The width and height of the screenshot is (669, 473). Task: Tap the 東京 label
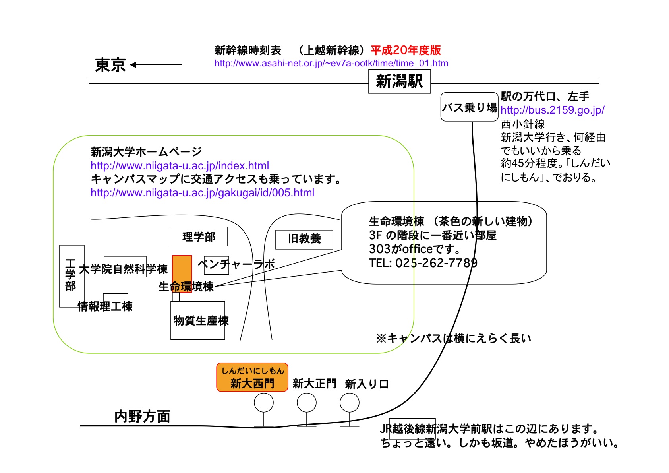pos(110,65)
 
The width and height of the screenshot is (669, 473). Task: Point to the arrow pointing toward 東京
pos(156,64)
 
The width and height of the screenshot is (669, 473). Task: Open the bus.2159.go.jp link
pos(553,110)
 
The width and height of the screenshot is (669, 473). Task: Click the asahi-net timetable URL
pos(331,63)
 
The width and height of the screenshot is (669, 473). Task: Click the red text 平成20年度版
pos(406,50)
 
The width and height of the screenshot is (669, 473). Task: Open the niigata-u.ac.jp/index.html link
pos(180,165)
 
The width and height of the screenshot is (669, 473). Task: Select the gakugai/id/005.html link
pos(203,193)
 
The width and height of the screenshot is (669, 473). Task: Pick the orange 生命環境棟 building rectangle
pos(182,274)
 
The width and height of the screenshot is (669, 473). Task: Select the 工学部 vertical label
pos(70,275)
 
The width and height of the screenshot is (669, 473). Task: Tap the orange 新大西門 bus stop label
pos(252,377)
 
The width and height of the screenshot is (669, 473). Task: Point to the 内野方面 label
pos(143,416)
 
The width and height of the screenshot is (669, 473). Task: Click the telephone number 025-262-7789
pos(436,263)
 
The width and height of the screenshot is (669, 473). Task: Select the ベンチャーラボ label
pos(236,264)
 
